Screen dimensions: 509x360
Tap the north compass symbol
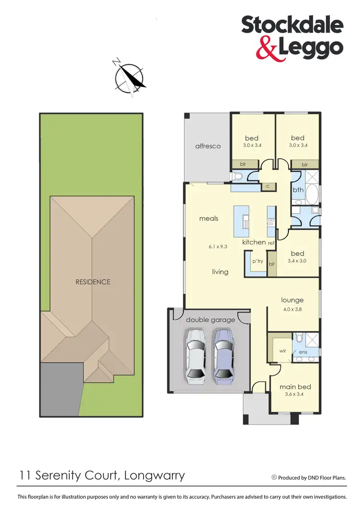(x=129, y=77)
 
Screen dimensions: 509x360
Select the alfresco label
(x=208, y=146)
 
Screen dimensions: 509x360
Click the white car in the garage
(x=196, y=356)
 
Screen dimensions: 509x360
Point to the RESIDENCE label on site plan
(x=93, y=282)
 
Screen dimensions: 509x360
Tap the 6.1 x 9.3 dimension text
(x=217, y=246)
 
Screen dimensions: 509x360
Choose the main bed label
(x=295, y=387)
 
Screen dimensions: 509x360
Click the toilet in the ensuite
(x=298, y=338)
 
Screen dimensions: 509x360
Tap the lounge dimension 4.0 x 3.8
(x=292, y=309)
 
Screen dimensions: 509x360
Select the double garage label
(x=210, y=320)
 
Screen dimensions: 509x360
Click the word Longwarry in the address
(x=154, y=476)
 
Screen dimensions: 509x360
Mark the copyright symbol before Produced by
(x=274, y=477)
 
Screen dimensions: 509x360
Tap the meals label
(x=209, y=218)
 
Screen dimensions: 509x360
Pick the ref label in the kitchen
(x=271, y=243)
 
